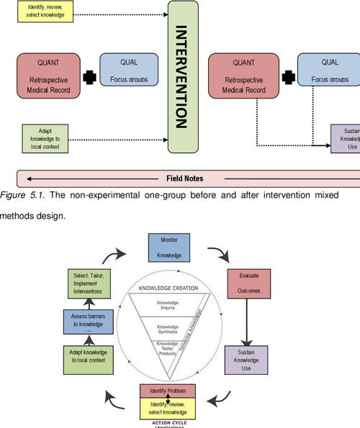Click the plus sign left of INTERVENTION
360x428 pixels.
(90, 76)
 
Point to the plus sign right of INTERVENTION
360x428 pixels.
(288, 76)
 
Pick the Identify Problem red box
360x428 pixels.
(168, 391)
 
